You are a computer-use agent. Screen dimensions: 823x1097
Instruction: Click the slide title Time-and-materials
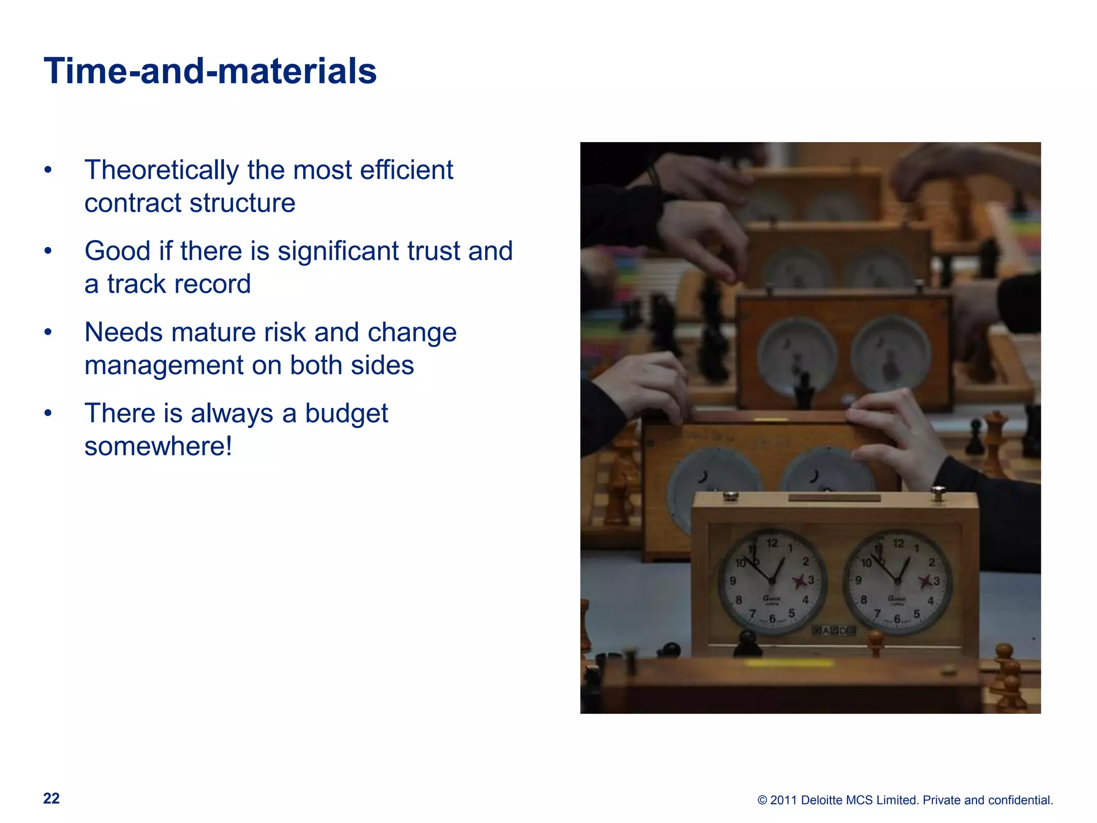(210, 71)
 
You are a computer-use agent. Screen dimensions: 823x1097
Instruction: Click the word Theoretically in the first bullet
(161, 170)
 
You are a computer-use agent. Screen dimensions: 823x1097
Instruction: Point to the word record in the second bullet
(214, 284)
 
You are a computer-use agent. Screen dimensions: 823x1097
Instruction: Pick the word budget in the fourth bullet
(346, 414)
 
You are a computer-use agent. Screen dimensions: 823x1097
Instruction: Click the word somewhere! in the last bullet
(158, 446)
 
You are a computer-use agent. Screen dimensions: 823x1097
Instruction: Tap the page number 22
(51, 798)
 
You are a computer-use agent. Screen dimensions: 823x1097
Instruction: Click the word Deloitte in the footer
(823, 800)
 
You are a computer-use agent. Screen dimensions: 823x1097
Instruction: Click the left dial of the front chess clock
(772, 581)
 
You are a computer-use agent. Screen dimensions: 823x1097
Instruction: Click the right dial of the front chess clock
(897, 581)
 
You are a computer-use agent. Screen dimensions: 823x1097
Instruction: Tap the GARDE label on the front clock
(834, 631)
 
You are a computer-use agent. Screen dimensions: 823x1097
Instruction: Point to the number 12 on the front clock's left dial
(772, 543)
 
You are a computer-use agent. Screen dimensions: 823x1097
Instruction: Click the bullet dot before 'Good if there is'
(48, 251)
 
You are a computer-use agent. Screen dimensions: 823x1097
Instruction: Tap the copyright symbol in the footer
(762, 800)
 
